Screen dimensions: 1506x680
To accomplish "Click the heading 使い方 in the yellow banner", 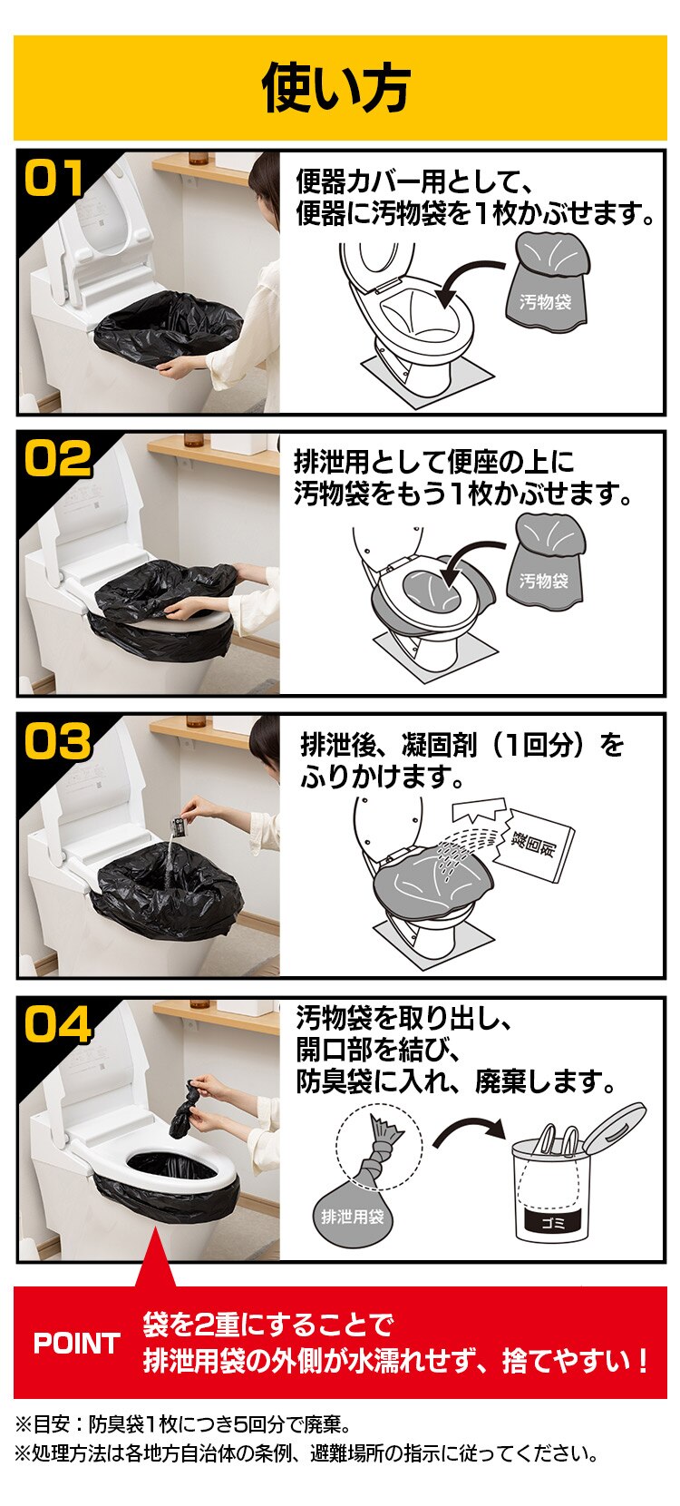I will pyautogui.click(x=337, y=88).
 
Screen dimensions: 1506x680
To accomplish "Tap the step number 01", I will pyautogui.click(x=55, y=178).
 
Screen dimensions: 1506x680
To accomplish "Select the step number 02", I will pyautogui.click(x=57, y=459).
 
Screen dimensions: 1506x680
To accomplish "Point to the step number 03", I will pyautogui.click(x=57, y=742).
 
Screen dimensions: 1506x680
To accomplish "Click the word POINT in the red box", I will pyautogui.click(x=76, y=1343).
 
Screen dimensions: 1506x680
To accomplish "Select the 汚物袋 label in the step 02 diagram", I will pyautogui.click(x=544, y=581).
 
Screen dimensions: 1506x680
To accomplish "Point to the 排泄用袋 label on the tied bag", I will pyautogui.click(x=353, y=1217).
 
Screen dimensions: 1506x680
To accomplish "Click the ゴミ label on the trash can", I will pyautogui.click(x=553, y=1222).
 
